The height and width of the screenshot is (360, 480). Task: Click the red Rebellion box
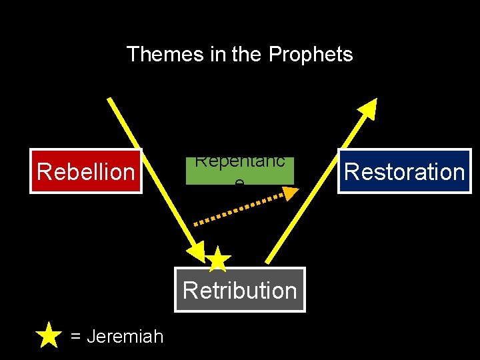85,171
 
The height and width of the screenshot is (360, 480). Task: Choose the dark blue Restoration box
404,171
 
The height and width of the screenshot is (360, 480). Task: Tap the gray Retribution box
239,290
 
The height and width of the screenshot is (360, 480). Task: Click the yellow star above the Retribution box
217,259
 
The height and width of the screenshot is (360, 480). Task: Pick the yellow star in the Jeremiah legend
49,335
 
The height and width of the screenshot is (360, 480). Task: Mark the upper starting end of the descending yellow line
109,100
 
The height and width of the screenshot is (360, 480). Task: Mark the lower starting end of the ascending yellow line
268,261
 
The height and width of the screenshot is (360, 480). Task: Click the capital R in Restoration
351,171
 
